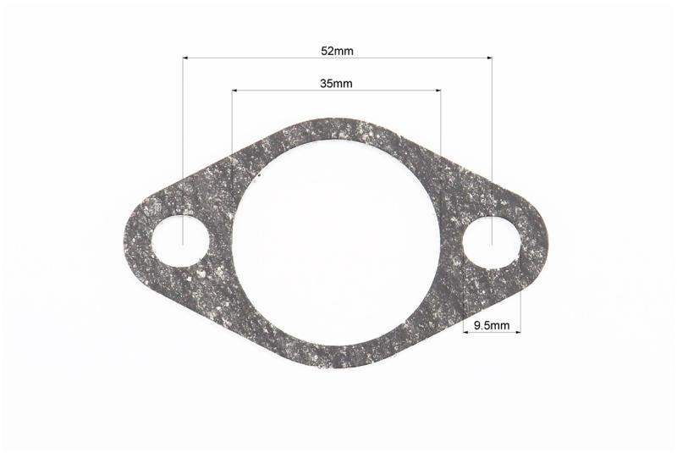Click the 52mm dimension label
337,51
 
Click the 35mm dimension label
336,83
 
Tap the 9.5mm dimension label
492,325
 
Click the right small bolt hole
492,242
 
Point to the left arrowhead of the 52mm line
185,58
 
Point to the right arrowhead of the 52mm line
489,58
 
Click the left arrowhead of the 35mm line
235,91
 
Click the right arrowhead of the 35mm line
438,91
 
